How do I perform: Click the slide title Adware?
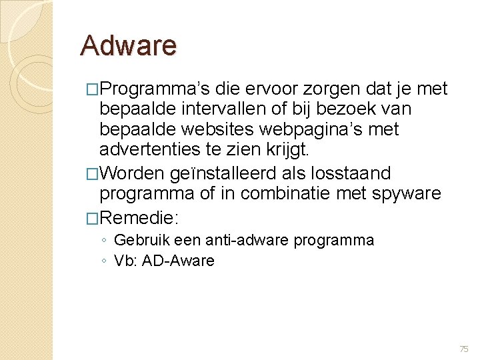click(x=128, y=46)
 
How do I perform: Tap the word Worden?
click(x=133, y=174)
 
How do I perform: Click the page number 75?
click(x=464, y=349)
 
